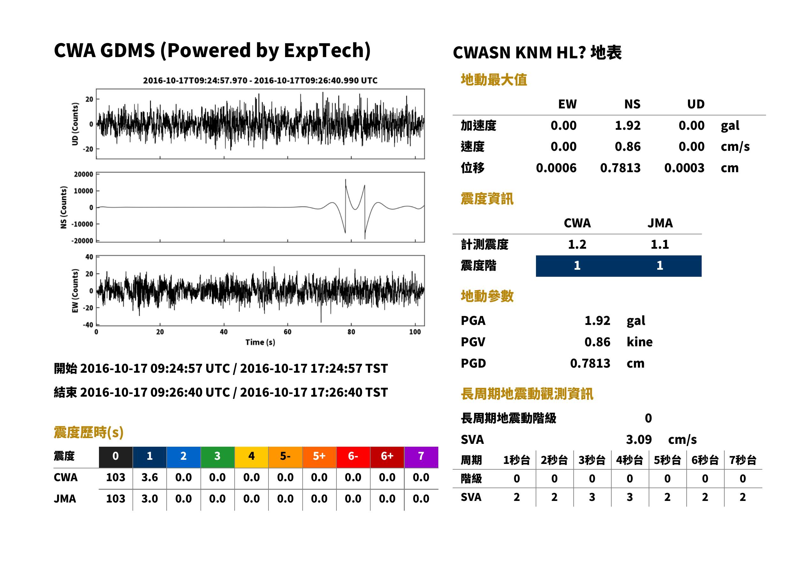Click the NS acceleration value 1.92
pyautogui.click(x=627, y=126)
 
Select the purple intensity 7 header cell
pyautogui.click(x=421, y=457)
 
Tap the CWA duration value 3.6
pyautogui.click(x=150, y=477)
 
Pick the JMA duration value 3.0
pyautogui.click(x=150, y=499)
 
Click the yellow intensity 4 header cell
pyautogui.click(x=252, y=457)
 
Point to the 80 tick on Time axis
pyautogui.click(x=351, y=332)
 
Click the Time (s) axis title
pyautogui.click(x=260, y=342)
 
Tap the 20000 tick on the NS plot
pyautogui.click(x=83, y=174)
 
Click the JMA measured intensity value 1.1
pyautogui.click(x=660, y=245)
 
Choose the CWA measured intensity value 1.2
pyautogui.click(x=577, y=245)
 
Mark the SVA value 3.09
pyautogui.click(x=639, y=440)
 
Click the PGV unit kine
pyautogui.click(x=639, y=342)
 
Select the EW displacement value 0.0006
pyautogui.click(x=556, y=168)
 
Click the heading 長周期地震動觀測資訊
pyautogui.click(x=527, y=394)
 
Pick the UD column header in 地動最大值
pyautogui.click(x=696, y=104)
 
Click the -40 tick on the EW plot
pyautogui.click(x=88, y=325)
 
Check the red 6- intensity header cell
pyautogui.click(x=353, y=457)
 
